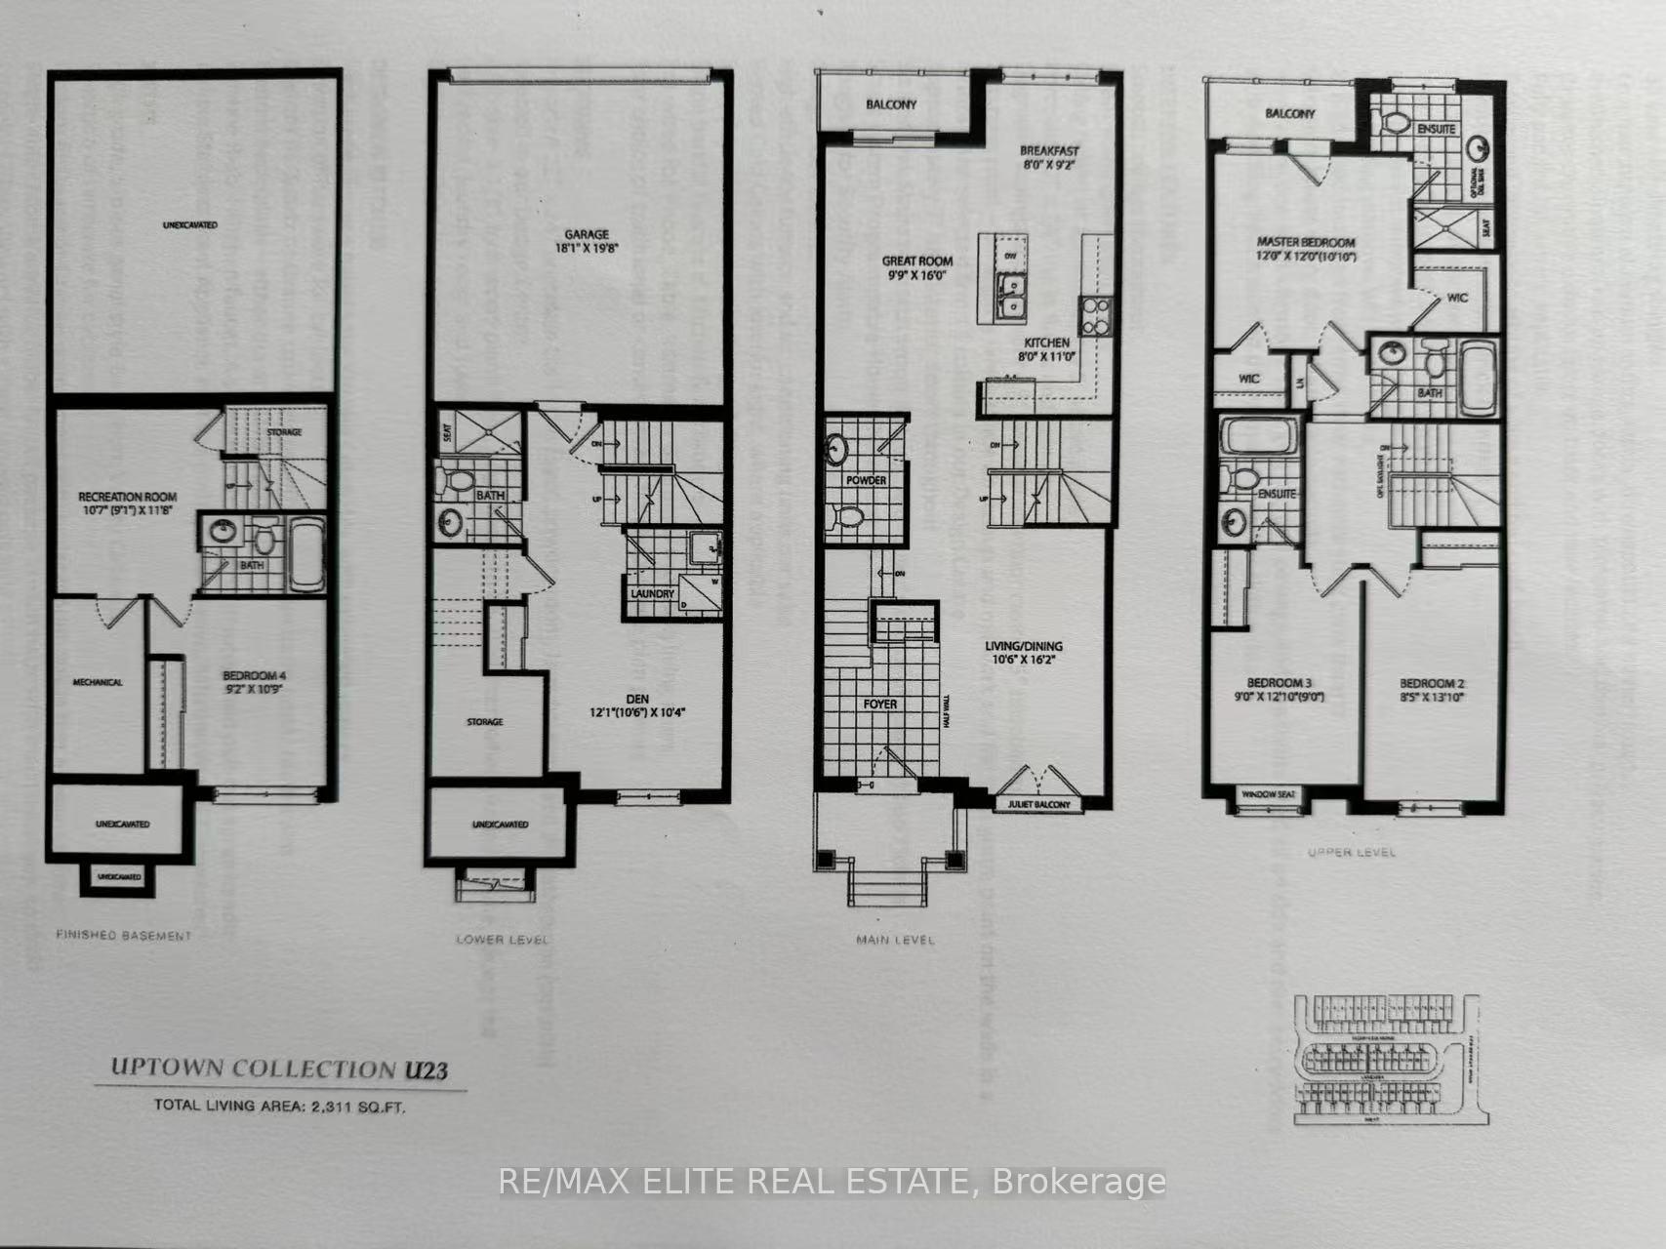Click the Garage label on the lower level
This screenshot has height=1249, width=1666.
(x=586, y=234)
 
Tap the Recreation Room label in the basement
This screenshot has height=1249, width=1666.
(x=127, y=497)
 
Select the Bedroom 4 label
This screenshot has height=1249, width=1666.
(x=254, y=675)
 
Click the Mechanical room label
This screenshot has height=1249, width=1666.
(x=98, y=682)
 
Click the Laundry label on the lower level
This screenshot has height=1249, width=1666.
(x=653, y=593)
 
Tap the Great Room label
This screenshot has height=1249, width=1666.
(x=917, y=262)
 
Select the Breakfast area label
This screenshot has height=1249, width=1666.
(x=1049, y=151)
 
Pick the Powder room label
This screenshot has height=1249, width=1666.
(x=866, y=480)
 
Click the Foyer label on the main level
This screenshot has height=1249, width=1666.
(x=879, y=704)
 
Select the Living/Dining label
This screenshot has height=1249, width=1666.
(x=1023, y=646)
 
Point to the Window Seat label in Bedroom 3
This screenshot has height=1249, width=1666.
(x=1268, y=795)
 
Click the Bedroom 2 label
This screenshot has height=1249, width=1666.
(x=1432, y=684)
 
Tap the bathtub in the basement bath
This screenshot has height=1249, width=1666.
(x=307, y=554)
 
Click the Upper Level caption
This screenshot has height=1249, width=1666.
(x=1351, y=852)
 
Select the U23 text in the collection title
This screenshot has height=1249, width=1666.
(x=426, y=1069)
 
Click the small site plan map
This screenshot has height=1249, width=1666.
(x=1386, y=1059)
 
